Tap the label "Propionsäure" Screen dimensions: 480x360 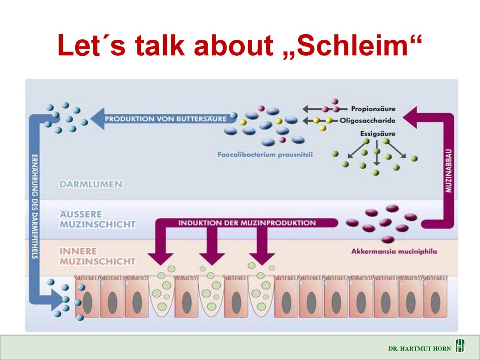(373, 109)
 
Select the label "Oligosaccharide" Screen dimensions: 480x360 (367, 120)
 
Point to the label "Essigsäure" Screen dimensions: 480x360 (377, 134)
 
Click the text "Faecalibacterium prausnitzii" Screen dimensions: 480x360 (265, 154)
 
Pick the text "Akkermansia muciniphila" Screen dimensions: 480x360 (394, 251)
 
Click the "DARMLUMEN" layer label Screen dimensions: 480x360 (91, 184)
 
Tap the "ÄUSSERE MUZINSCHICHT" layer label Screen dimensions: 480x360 (97, 219)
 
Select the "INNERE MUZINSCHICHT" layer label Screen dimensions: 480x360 (97, 256)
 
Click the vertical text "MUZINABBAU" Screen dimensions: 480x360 (449, 171)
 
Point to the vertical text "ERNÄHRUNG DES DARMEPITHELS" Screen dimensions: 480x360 (35, 206)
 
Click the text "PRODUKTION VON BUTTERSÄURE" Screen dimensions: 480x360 (165, 119)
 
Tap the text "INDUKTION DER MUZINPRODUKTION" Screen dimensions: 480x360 (247, 223)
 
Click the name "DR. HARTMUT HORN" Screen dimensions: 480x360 (420, 348)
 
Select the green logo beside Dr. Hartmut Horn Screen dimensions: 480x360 (460, 346)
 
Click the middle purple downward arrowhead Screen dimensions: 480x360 (212, 259)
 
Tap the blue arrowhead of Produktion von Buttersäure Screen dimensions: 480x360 (97, 119)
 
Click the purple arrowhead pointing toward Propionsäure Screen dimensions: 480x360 (410, 118)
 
